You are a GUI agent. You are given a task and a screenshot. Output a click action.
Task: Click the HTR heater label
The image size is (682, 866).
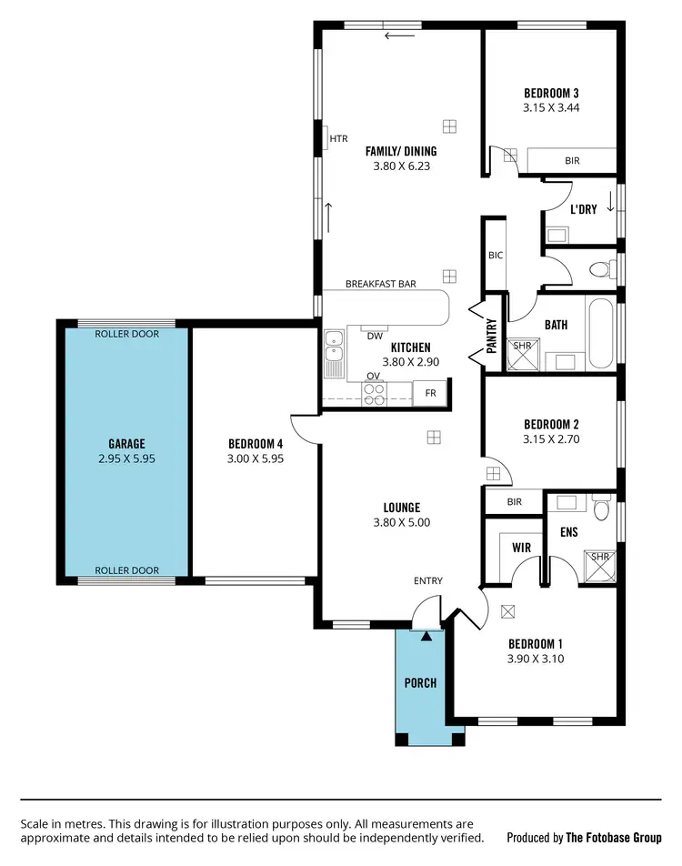click(338, 139)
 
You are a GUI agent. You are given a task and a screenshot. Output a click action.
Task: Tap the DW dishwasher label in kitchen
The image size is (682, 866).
click(374, 336)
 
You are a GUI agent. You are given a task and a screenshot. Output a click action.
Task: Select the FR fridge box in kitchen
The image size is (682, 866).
click(430, 394)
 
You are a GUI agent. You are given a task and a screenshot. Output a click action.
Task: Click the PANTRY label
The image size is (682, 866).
click(492, 334)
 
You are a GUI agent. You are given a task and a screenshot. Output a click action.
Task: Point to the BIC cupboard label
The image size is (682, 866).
click(495, 256)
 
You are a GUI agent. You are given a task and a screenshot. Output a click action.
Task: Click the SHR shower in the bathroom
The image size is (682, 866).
click(522, 356)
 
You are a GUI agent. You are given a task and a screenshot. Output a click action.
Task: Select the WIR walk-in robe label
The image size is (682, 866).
click(522, 549)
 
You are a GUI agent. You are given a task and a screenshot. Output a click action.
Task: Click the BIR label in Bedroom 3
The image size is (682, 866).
click(572, 160)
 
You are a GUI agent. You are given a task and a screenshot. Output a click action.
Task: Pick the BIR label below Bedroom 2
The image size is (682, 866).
click(514, 501)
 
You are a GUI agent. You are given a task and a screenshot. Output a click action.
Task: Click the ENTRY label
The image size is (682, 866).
click(428, 581)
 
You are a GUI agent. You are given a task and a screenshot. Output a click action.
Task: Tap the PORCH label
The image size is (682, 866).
click(420, 682)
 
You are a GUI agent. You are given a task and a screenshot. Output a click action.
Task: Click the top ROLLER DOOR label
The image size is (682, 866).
click(127, 334)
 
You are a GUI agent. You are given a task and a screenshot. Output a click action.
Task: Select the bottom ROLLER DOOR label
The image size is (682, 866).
click(127, 570)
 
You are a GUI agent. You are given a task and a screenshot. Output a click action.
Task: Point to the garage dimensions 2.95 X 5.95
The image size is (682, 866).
click(126, 459)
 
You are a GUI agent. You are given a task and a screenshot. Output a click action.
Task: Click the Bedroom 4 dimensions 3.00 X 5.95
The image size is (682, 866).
click(256, 459)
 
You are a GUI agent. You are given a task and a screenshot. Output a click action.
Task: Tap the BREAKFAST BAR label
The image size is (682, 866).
click(380, 284)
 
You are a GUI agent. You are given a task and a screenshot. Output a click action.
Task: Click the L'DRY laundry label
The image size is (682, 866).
click(583, 209)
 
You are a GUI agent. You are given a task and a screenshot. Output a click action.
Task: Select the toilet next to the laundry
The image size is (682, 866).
click(599, 269)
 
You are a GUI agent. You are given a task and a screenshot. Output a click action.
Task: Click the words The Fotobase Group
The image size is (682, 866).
click(614, 838)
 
